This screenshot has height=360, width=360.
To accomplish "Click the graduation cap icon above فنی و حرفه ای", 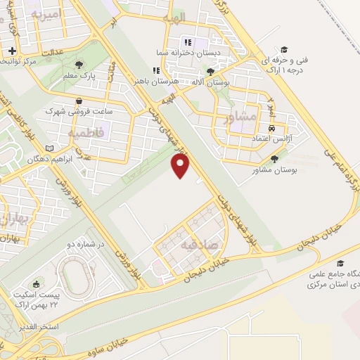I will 284,49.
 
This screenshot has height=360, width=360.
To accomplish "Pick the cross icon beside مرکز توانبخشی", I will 11,51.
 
